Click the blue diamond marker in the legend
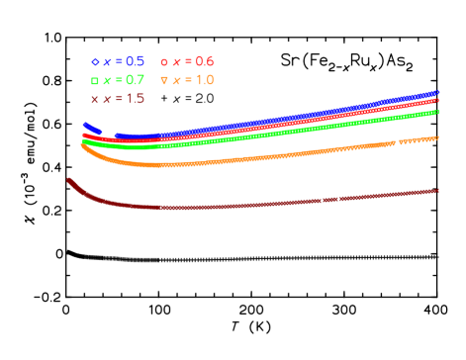(x=95, y=61)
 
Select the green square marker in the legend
(x=95, y=80)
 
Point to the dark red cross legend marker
(x=95, y=99)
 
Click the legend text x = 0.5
(x=124, y=61)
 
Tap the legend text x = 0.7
(x=124, y=80)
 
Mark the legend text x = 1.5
(x=124, y=99)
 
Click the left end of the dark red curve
(x=68, y=180)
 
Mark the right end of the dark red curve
(x=437, y=191)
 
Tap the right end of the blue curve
(x=437, y=93)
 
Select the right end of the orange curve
(x=436, y=138)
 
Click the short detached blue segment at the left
(x=92, y=128)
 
